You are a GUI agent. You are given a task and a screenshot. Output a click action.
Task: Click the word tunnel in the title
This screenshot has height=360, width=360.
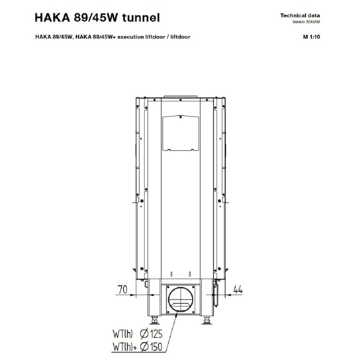[141, 18]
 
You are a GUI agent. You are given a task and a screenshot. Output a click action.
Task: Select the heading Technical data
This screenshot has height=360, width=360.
[300, 16]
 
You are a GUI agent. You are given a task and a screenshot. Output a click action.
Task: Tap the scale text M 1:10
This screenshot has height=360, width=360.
[311, 37]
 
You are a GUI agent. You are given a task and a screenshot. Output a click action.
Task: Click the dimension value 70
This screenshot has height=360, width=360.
[122, 289]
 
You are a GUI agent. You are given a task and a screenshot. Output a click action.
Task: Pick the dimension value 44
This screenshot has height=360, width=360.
[238, 289]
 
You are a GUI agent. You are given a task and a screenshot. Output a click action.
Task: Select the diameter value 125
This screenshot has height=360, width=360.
[156, 334]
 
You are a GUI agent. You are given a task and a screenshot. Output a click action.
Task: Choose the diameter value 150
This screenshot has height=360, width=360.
[156, 346]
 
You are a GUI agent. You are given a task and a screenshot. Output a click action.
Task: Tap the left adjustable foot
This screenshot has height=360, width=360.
[154, 319]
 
